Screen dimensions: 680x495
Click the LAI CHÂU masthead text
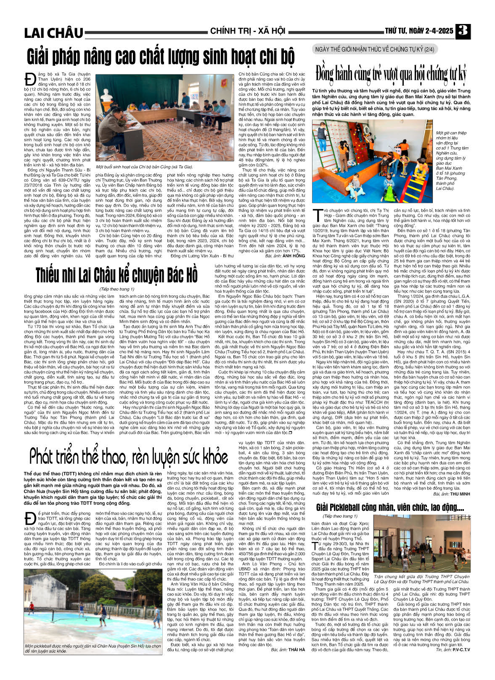coord(53,33)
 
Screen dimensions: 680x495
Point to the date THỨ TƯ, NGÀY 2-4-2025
coord(419,31)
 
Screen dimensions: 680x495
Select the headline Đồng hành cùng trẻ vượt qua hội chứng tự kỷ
coord(392,74)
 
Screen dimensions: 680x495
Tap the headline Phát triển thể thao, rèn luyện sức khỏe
coord(128,455)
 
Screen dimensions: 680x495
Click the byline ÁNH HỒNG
coord(294,255)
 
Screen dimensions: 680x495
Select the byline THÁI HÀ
coord(296,649)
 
